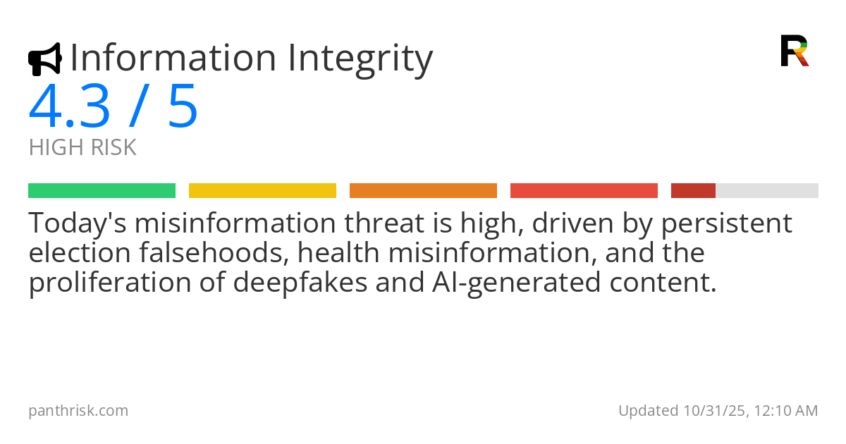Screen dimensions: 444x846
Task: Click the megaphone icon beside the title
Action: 44,59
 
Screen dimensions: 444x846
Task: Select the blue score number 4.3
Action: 69,107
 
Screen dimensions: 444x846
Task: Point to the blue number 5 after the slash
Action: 183,107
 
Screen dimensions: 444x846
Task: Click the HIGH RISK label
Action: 82,148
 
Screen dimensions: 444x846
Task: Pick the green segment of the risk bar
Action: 102,190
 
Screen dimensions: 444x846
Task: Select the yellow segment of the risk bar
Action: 262,190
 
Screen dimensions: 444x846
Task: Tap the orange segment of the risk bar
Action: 423,190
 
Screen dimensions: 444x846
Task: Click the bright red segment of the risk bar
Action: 584,190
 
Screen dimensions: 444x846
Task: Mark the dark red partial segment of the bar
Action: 693,190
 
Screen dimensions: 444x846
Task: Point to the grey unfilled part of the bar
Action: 767,190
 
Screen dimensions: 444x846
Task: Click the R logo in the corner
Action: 795,51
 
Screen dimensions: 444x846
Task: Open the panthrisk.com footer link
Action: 78,411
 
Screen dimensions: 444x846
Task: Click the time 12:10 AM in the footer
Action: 785,411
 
